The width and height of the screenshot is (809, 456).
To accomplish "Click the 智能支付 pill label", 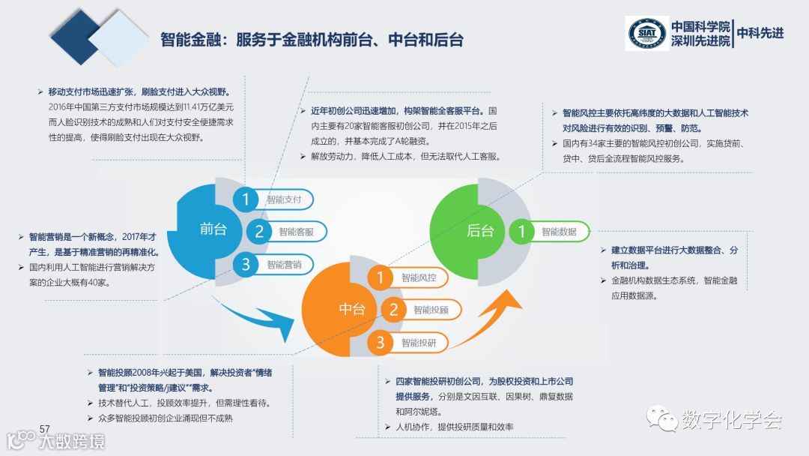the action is (x=284, y=199).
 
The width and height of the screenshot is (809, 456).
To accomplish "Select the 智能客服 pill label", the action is (x=296, y=232).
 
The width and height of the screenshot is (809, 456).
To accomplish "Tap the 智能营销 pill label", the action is (x=284, y=264).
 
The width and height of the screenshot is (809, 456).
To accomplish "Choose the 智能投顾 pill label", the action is (x=431, y=309).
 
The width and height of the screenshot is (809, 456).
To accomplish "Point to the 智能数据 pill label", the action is (x=559, y=232).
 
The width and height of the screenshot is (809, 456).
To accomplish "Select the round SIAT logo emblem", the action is (x=647, y=33).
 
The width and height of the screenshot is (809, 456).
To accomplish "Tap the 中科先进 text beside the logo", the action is (x=760, y=33).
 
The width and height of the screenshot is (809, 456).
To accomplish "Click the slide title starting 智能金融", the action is (x=312, y=39).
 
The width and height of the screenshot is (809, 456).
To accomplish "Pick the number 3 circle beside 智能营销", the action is (x=245, y=264).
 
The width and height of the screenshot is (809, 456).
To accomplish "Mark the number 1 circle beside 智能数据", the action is (x=522, y=232).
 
